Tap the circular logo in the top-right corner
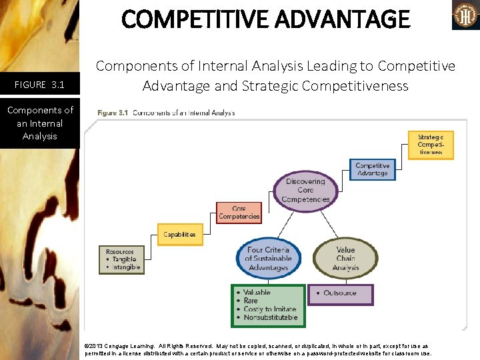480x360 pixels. click(465, 15)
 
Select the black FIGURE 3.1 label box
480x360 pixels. click(40, 85)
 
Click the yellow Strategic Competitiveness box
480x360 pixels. click(430, 145)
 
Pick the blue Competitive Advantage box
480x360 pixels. click(372, 169)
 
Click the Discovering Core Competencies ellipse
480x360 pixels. click(305, 190)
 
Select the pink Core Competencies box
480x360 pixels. click(239, 213)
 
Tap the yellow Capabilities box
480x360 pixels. click(179, 235)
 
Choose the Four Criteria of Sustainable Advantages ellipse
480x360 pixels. click(269, 259)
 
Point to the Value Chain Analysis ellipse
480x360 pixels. click(345, 259)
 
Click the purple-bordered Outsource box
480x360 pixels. click(340, 293)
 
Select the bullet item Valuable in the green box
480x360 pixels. click(257, 293)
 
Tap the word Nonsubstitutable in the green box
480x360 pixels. click(270, 317)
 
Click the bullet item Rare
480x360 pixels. click(251, 301)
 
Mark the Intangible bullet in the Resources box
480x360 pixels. click(126, 267)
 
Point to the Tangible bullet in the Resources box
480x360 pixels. click(123, 259)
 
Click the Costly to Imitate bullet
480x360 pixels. click(269, 309)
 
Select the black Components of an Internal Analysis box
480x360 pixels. click(40, 123)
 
